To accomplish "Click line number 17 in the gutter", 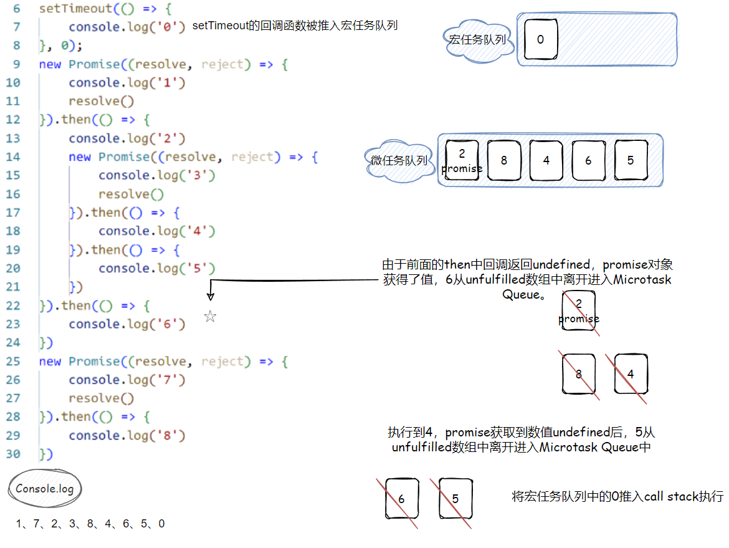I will (x=13, y=213).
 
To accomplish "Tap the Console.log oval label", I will (x=45, y=489).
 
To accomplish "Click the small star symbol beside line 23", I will (x=210, y=317).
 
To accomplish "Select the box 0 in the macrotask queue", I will (x=540, y=39).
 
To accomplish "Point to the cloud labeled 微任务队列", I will (x=399, y=160).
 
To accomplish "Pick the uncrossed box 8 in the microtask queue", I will (x=503, y=160).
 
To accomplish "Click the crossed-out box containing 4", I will (x=631, y=374).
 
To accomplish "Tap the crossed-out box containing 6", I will (x=401, y=499).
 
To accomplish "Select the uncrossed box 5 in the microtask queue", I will (x=631, y=160).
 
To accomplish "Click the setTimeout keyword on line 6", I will (x=67, y=9).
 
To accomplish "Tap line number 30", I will (x=13, y=454).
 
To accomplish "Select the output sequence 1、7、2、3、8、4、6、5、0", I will (x=90, y=524).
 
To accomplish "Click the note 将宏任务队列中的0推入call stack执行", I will (x=617, y=496).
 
